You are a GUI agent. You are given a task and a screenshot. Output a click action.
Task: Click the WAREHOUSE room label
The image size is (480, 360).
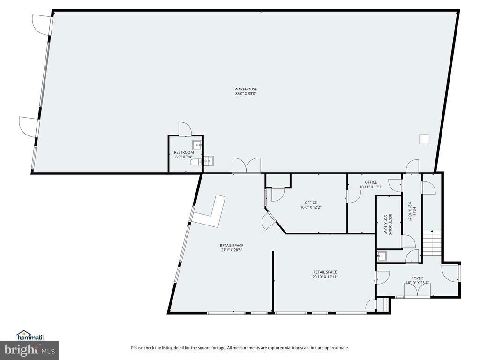tap(246, 89)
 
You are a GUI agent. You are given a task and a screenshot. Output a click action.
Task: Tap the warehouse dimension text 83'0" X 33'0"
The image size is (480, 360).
tap(246, 94)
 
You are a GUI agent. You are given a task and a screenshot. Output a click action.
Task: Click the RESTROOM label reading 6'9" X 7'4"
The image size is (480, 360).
tap(184, 155)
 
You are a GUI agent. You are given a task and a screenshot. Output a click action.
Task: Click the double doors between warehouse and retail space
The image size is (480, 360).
tap(246, 165)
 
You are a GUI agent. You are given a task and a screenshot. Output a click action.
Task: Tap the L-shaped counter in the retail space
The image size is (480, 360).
tap(210, 211)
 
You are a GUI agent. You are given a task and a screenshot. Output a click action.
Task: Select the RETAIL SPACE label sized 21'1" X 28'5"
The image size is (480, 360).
tap(232, 247)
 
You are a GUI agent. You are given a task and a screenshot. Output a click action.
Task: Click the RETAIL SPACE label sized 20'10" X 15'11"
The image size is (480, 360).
tap(325, 274)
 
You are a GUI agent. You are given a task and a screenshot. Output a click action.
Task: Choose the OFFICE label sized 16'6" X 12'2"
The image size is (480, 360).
tap(311, 205)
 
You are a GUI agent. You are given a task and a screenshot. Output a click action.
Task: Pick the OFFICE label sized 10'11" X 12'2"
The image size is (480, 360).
tap(371, 184)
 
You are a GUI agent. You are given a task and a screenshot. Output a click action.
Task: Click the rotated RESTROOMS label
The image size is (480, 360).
tap(388, 225)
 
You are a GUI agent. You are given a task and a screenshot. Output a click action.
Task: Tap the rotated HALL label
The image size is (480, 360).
tap(412, 211)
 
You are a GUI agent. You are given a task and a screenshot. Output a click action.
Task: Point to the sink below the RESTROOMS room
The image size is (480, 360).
tap(382, 256)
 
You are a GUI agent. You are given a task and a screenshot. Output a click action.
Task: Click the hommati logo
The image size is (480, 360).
tap(30, 336)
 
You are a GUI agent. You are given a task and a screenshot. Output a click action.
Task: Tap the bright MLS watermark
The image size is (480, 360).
tap(30, 350)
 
